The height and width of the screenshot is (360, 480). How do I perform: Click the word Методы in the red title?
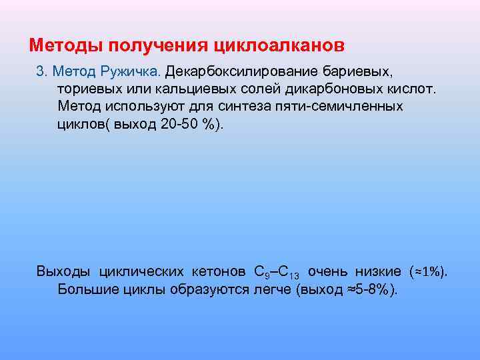point(61,45)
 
